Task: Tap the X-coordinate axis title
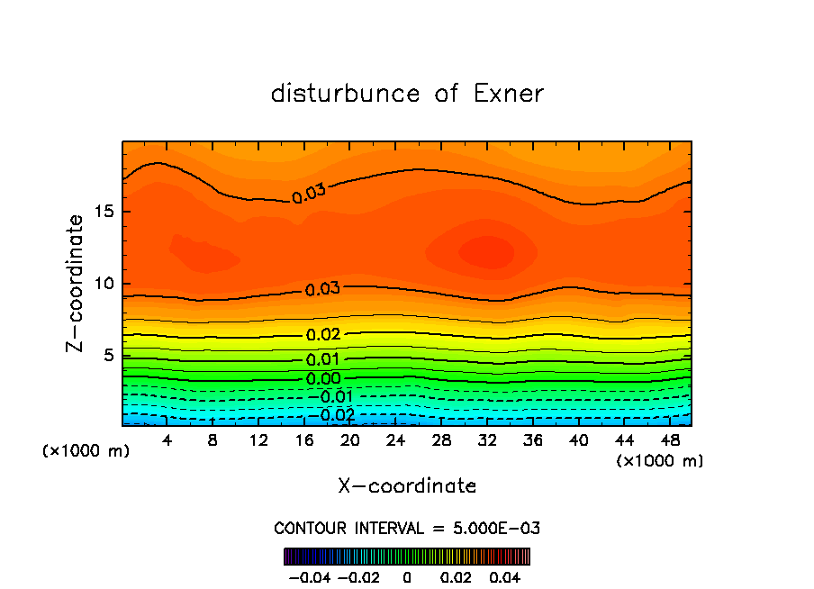pos(407,486)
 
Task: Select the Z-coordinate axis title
pos(77,283)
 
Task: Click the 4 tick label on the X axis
pos(167,439)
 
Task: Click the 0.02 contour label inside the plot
pos(323,334)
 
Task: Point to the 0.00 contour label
pos(323,379)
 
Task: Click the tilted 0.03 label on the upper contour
pos(309,192)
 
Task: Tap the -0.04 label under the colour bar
pos(309,576)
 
